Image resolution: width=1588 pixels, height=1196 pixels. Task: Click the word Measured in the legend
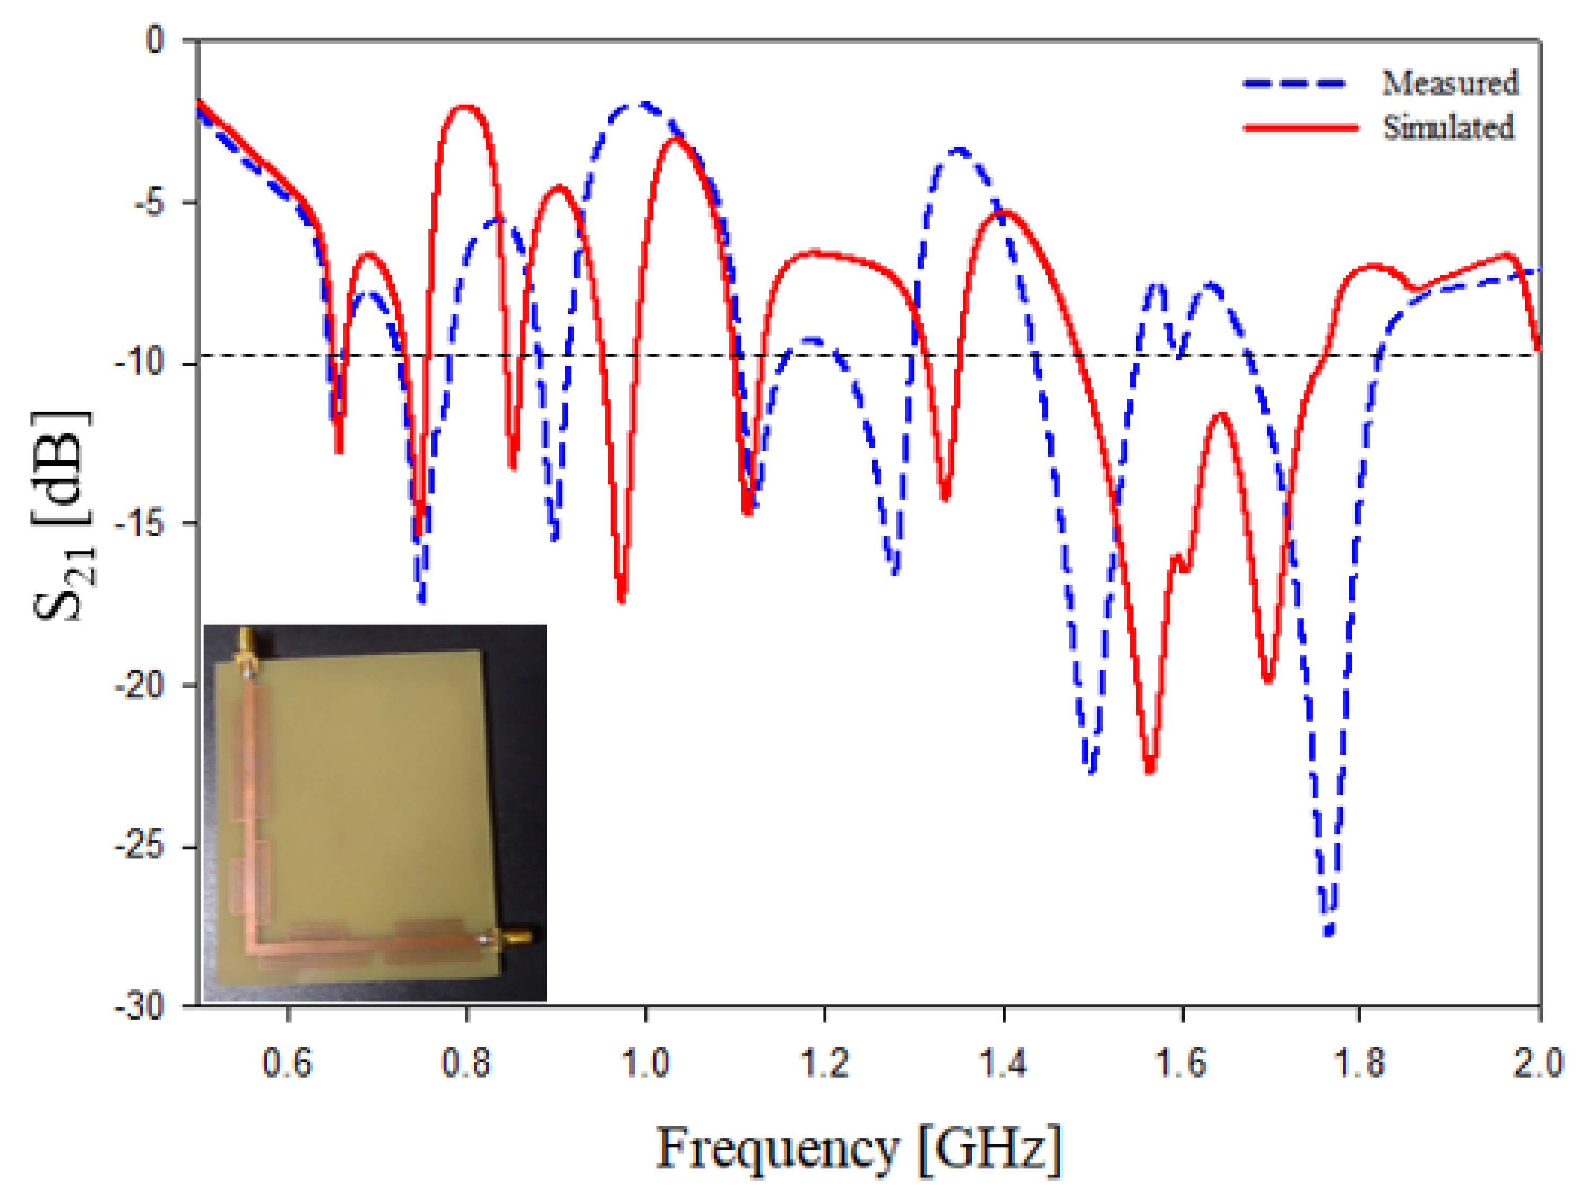1449,83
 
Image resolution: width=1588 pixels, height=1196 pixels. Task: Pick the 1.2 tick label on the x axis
824,1062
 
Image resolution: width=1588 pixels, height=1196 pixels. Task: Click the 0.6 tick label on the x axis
287,1062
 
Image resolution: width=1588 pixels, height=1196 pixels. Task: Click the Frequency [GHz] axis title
858,1148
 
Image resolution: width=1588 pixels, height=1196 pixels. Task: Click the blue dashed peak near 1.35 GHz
960,150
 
